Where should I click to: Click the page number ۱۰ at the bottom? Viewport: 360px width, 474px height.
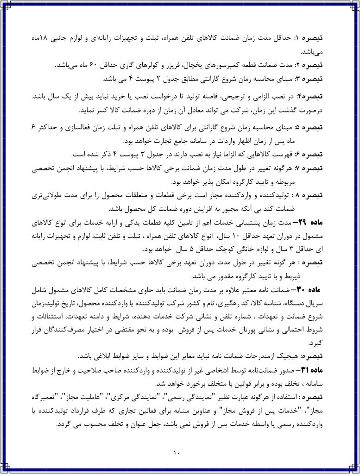180,452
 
